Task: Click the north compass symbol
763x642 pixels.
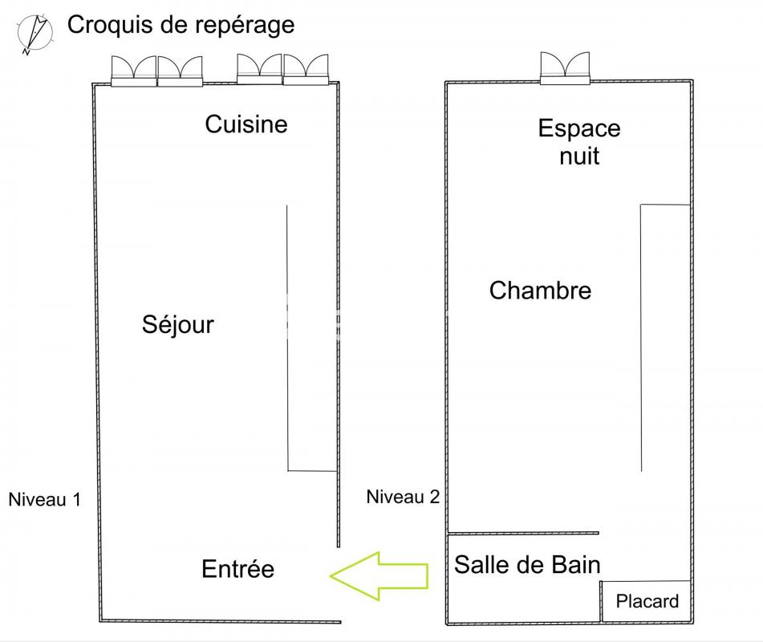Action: coord(34,34)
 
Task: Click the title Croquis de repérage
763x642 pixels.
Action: coord(181,25)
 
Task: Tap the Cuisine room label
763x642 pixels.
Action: coord(246,124)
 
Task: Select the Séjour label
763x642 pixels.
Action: coord(178,324)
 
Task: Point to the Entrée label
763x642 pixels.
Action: coord(237,569)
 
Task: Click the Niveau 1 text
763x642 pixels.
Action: coord(44,499)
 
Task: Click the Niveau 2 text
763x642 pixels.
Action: coord(403,497)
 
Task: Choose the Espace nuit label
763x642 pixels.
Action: coord(579,141)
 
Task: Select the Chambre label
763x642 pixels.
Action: coord(540,290)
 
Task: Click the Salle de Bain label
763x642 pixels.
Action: coord(527,564)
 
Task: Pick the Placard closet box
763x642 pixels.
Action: coord(646,600)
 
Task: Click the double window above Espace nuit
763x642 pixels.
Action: coord(566,68)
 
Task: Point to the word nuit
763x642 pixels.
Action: coord(579,155)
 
